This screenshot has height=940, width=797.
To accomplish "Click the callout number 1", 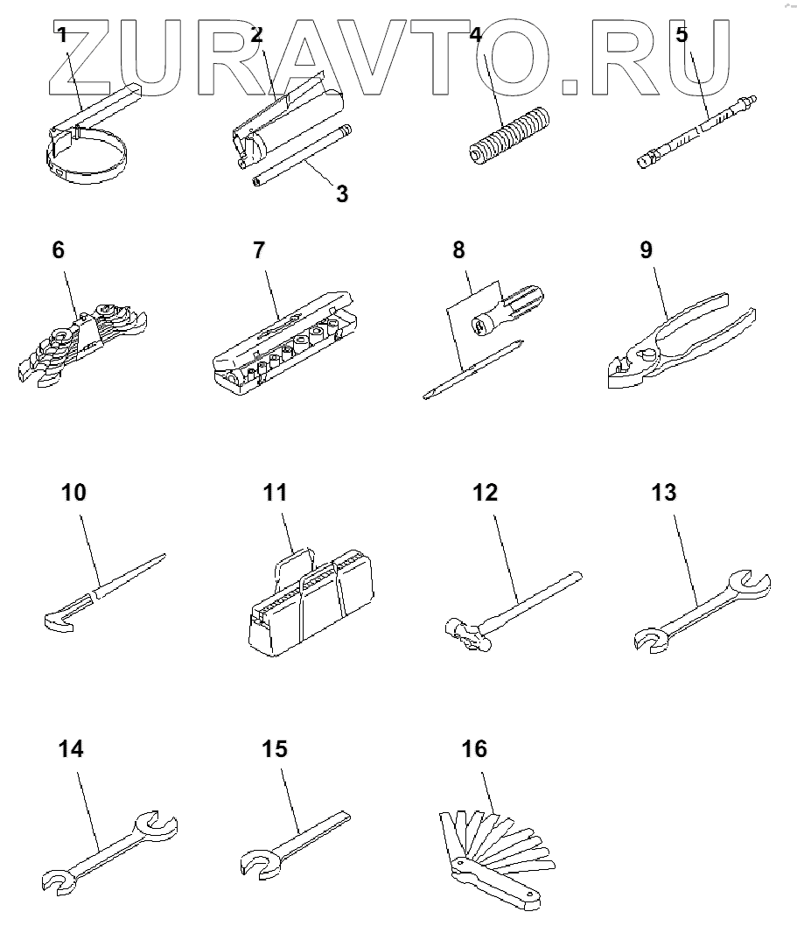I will point(61,36).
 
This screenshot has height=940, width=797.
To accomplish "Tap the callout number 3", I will point(342,194).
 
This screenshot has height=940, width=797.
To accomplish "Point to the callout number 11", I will point(275,494).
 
